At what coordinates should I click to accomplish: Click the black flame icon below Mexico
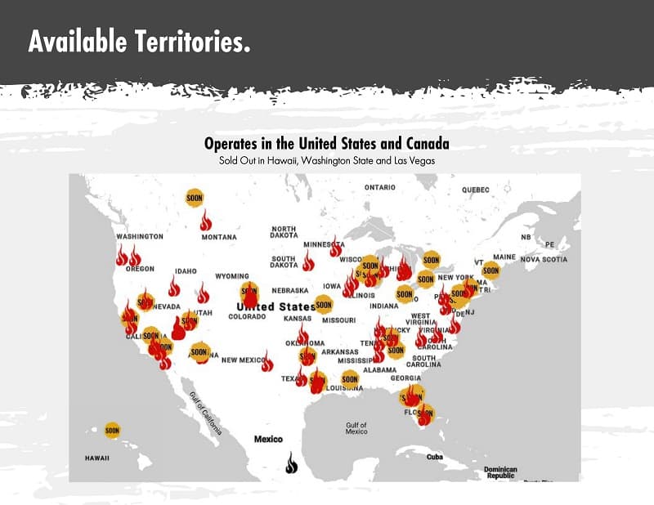[x=292, y=463]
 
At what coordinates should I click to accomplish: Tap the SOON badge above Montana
[x=195, y=198]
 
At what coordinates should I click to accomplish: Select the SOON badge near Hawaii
[x=112, y=430]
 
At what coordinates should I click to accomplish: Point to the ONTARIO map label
[x=379, y=187]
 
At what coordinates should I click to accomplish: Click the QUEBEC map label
[x=475, y=190]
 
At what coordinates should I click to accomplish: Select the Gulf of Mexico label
[x=356, y=428]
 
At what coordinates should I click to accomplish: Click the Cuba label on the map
[x=434, y=457]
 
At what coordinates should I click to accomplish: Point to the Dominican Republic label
[x=500, y=472]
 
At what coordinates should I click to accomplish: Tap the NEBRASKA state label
[x=290, y=290]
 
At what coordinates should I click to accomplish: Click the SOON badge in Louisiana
[x=350, y=378]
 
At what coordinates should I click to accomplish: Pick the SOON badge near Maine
[x=490, y=270]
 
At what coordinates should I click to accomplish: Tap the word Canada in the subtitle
[x=426, y=144]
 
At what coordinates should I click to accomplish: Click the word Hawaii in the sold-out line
[x=280, y=161]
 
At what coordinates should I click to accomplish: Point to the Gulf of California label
[x=205, y=413]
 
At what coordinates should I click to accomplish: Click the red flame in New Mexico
[x=267, y=362]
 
